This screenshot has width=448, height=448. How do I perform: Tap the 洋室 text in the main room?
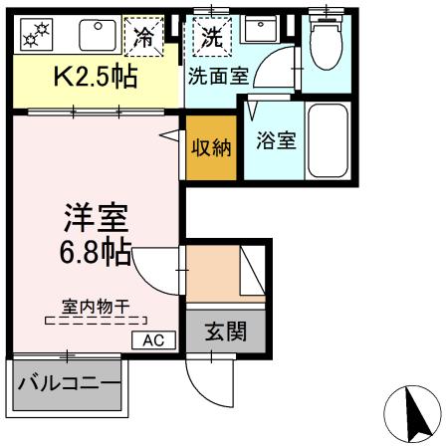click(x=96, y=216)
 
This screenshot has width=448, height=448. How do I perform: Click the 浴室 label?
click(x=275, y=140)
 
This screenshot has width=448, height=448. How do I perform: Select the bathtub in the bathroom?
click(x=328, y=139)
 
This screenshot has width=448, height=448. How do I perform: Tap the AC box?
click(x=152, y=339)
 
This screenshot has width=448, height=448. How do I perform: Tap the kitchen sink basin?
click(x=99, y=36)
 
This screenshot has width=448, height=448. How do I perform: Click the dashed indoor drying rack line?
click(x=96, y=322)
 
